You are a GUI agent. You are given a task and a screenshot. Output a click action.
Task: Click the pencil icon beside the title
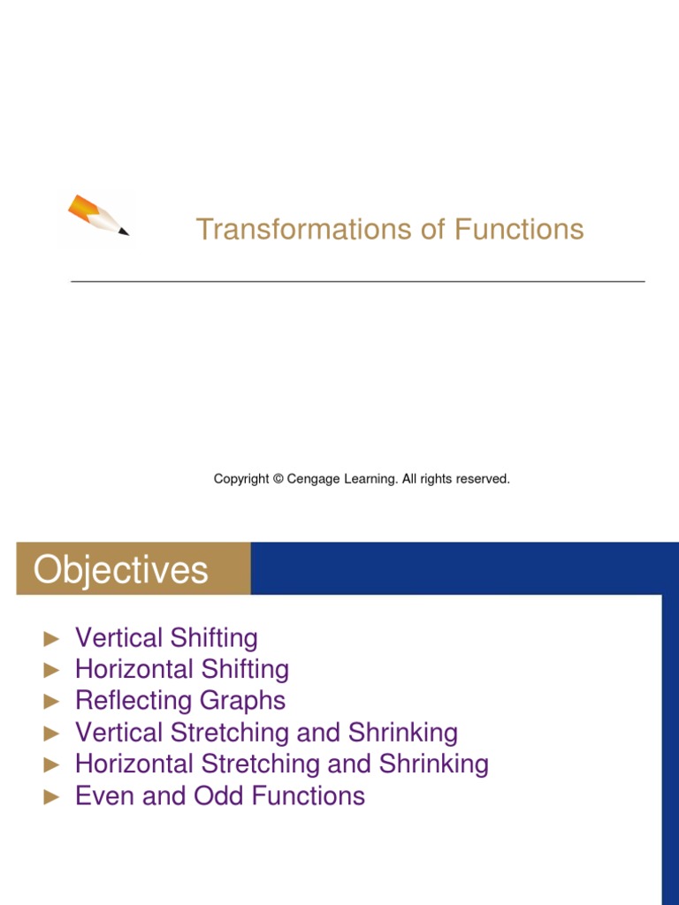98,216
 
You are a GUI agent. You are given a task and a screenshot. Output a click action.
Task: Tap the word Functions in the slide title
519,229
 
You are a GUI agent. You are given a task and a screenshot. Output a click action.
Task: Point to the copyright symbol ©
278,479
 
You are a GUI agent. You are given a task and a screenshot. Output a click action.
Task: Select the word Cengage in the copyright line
313,480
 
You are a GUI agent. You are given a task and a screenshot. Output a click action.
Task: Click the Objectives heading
120,570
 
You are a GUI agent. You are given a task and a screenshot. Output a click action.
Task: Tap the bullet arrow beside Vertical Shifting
51,639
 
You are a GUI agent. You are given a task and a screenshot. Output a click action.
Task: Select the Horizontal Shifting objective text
182,670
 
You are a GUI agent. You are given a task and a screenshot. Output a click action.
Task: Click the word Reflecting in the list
134,701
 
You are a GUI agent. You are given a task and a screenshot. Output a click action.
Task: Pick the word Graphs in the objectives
243,701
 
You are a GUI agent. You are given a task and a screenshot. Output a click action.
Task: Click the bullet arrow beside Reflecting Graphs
51,702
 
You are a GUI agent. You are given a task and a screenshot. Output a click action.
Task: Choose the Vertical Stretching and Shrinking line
267,733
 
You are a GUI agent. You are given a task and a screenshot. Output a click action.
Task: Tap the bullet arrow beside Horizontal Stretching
51,764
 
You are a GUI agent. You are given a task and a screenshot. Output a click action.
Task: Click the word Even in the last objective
105,796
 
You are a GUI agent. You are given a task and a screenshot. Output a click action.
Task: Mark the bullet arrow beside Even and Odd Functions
51,796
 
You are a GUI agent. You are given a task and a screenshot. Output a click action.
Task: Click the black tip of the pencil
124,232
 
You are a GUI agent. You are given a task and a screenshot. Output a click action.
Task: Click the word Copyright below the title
241,480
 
